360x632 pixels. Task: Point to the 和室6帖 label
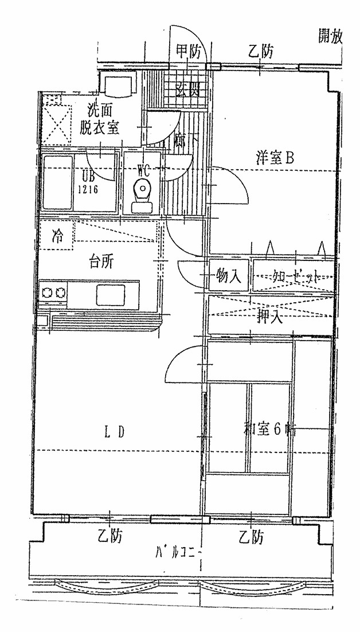click(268, 428)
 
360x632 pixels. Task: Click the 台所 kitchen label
click(101, 262)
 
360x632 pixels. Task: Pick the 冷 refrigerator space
click(57, 235)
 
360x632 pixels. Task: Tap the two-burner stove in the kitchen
click(53, 294)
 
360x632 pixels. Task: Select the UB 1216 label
click(88, 182)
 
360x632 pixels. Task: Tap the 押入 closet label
click(270, 316)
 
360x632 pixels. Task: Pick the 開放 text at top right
click(330, 37)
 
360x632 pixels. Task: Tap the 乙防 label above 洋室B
click(261, 52)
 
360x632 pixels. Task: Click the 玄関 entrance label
click(187, 90)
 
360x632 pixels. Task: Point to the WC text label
click(144, 169)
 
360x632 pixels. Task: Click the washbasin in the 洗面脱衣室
click(118, 85)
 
